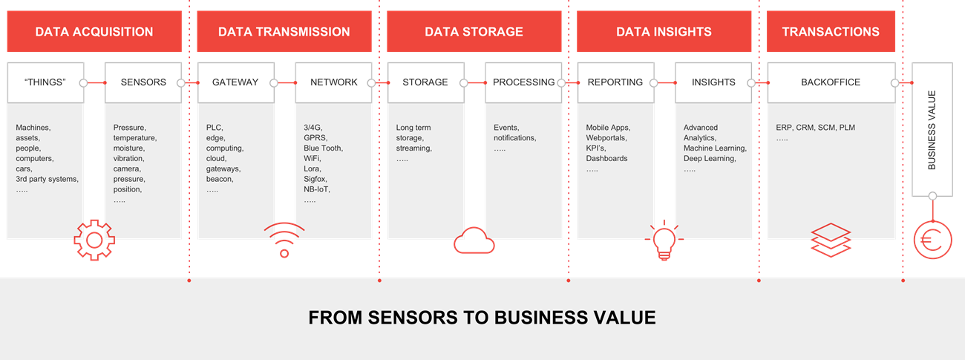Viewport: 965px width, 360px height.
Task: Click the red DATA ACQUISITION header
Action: pyautogui.click(x=94, y=32)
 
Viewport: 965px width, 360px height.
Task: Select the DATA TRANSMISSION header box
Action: pyautogui.click(x=284, y=32)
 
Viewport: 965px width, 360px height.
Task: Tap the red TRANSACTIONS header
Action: pyautogui.click(x=831, y=32)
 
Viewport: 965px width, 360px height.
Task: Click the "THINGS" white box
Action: pyautogui.click(x=45, y=82)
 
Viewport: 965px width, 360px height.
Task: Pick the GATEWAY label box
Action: pyautogui.click(x=235, y=82)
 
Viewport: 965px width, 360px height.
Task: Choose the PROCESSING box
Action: pyautogui.click(x=523, y=82)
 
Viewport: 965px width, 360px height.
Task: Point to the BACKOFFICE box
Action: pyautogui.click(x=831, y=82)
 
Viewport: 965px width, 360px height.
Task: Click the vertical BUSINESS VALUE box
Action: pyautogui.click(x=932, y=130)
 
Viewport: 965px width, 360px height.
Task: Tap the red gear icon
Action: pyautogui.click(x=94, y=239)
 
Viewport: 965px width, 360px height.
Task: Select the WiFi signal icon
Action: pyautogui.click(x=284, y=239)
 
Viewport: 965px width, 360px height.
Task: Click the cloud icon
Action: pyautogui.click(x=474, y=240)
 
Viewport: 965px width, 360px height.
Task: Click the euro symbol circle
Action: pyautogui.click(x=932, y=240)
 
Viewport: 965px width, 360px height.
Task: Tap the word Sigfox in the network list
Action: pyautogui.click(x=315, y=180)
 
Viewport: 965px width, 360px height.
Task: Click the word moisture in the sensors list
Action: pyautogui.click(x=129, y=148)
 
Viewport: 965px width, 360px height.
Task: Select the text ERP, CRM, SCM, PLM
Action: pyautogui.click(x=815, y=128)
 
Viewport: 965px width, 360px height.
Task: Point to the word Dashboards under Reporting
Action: pyautogui.click(x=606, y=159)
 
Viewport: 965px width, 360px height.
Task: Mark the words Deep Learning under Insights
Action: pyautogui.click(x=710, y=159)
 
